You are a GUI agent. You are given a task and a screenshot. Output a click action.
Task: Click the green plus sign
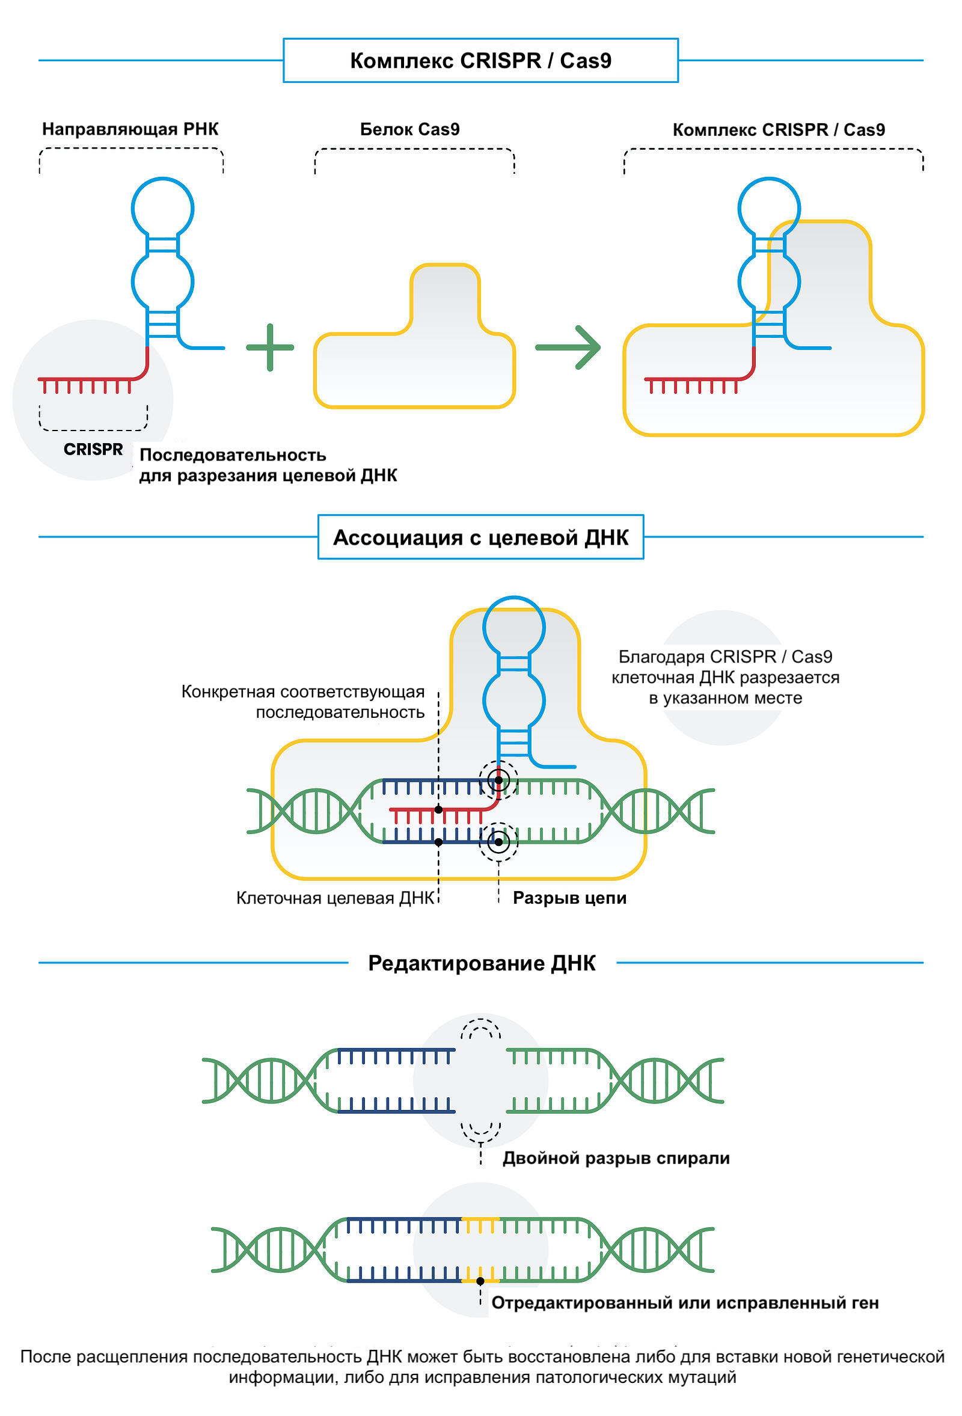point(270,348)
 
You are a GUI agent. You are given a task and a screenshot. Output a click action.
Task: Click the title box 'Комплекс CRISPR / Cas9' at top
point(480,60)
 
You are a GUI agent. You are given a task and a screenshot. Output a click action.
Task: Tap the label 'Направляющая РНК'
point(130,129)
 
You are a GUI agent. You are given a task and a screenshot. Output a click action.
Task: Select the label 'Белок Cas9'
point(409,129)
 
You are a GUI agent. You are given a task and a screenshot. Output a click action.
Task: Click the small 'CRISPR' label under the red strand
point(93,449)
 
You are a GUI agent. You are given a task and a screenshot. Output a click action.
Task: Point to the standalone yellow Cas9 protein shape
point(414,366)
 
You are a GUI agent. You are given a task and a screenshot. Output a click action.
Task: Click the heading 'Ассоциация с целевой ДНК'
point(480,538)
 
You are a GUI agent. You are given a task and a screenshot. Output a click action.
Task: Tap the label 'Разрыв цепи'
point(569,898)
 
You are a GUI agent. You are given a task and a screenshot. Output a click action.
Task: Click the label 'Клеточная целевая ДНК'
point(335,898)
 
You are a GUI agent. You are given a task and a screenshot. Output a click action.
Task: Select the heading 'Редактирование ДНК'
point(482,963)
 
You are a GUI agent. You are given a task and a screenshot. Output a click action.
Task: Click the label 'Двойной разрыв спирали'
point(615,1158)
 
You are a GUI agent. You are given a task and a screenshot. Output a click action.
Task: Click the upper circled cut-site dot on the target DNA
point(498,780)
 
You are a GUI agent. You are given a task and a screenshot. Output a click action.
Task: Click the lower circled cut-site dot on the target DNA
point(498,842)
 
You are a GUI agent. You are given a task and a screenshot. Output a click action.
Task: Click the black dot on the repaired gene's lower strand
point(480,1281)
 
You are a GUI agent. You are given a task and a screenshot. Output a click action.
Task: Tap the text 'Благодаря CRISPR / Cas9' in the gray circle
point(725,657)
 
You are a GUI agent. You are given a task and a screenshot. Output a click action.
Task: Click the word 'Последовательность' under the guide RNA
point(233,455)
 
